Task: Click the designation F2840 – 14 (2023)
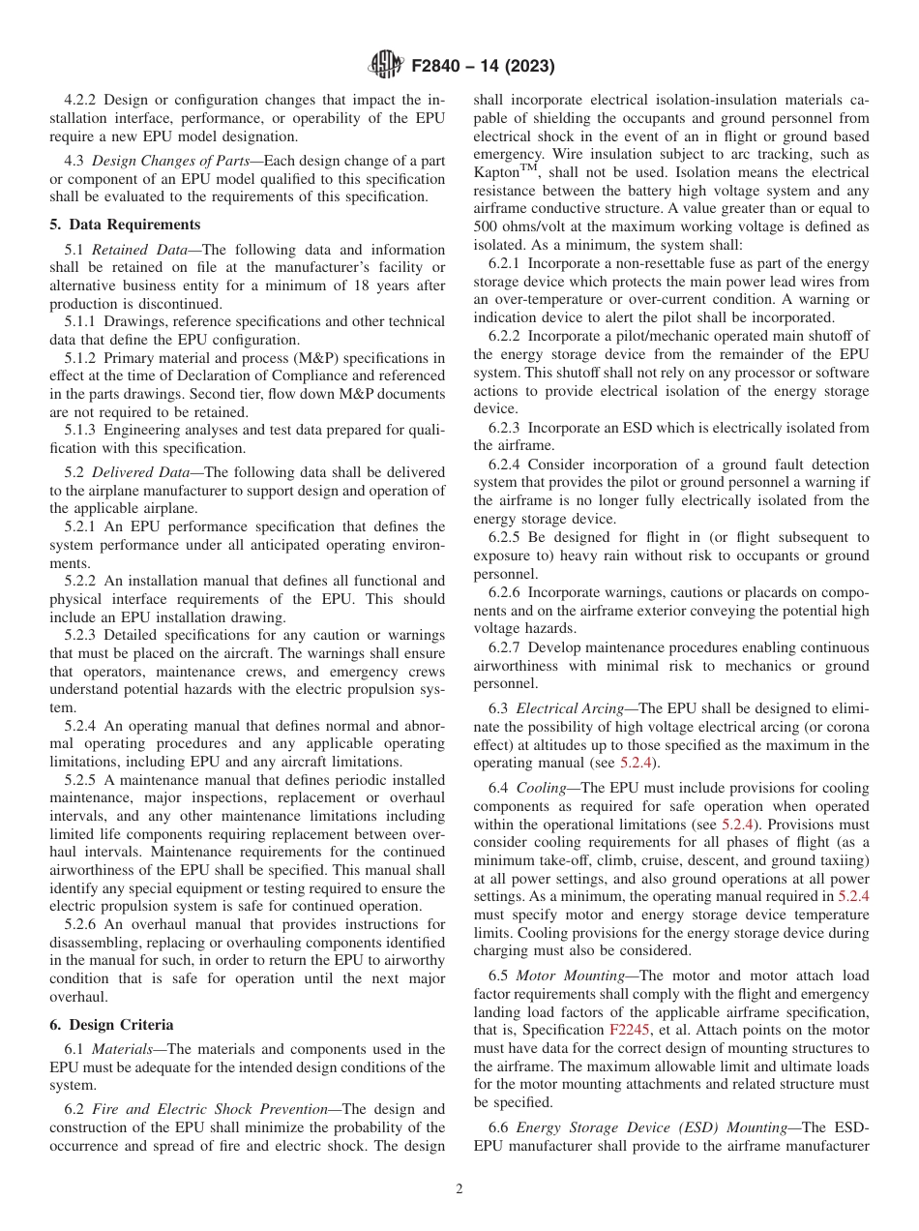(482, 67)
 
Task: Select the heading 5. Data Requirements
(125, 225)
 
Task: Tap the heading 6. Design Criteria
(111, 1025)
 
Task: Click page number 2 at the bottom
(459, 1189)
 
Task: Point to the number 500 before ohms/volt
(488, 226)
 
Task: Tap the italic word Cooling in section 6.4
(542, 788)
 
